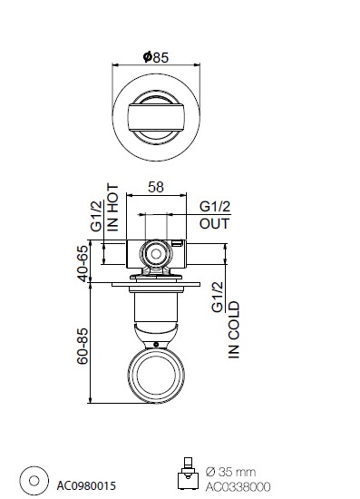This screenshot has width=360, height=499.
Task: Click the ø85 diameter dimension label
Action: (156, 57)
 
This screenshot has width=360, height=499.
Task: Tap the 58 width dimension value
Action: (156, 187)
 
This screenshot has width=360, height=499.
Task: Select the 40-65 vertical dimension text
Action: (83, 263)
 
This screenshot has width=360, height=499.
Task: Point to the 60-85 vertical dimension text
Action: (83, 347)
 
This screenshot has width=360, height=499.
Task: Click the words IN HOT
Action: (113, 207)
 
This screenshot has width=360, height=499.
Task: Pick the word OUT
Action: (214, 224)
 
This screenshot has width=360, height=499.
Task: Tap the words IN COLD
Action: (234, 330)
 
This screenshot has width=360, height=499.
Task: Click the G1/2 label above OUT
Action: (215, 207)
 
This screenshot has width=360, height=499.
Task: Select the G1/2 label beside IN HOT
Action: (96, 216)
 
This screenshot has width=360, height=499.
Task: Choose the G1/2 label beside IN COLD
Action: (218, 298)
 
